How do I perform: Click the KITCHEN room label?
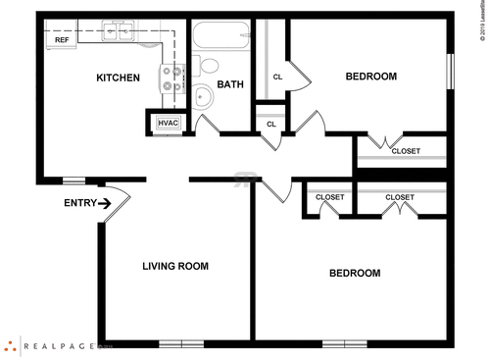click(x=118, y=77)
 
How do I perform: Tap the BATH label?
click(x=230, y=84)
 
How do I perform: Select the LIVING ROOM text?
click(x=175, y=266)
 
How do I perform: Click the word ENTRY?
click(x=80, y=203)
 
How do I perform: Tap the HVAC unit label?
click(x=167, y=123)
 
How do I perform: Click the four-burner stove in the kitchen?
click(x=173, y=78)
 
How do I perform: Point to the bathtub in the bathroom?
click(x=221, y=37)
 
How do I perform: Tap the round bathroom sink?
click(x=202, y=97)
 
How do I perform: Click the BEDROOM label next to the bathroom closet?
click(x=371, y=77)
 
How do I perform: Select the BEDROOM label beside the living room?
click(x=354, y=273)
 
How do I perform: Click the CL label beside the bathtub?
click(x=277, y=77)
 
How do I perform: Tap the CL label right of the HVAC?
click(x=271, y=124)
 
